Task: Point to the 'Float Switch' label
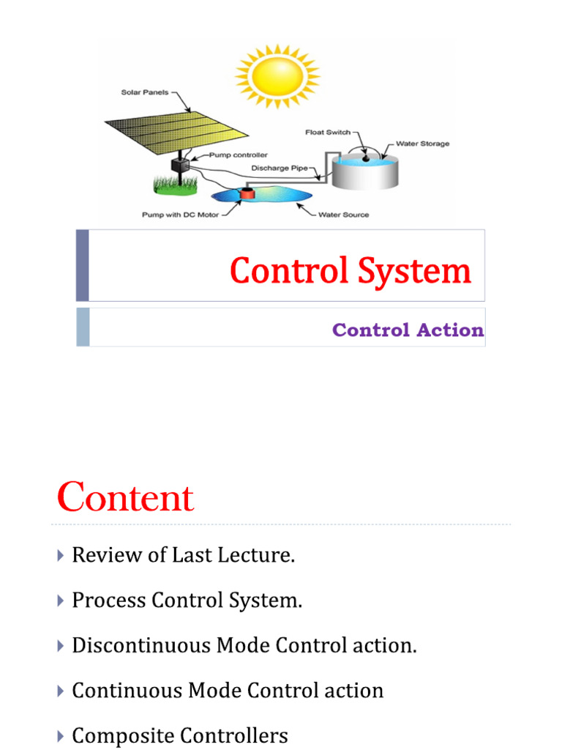click(x=327, y=133)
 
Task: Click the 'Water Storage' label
click(x=422, y=144)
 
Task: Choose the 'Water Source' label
click(x=343, y=215)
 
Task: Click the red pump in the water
click(x=248, y=195)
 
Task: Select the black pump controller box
click(x=179, y=165)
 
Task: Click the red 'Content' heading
click(x=125, y=498)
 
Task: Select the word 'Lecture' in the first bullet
click(x=263, y=555)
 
